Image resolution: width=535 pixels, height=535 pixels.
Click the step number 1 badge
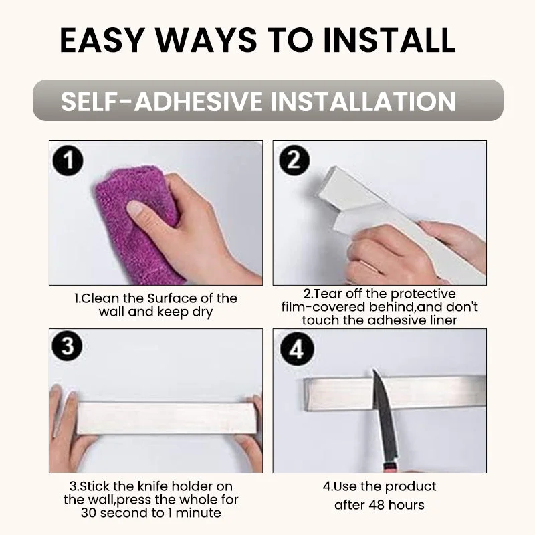pos(68,160)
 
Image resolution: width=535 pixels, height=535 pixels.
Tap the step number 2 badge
pos(294,160)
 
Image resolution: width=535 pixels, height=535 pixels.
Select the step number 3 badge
pos(68,346)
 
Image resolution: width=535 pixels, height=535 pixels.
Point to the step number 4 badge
pos(296,349)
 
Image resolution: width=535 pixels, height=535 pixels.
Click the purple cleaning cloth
pos(136,222)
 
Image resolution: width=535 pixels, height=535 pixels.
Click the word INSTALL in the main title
pos(389,40)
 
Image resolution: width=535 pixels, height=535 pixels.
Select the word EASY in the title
pos(102,40)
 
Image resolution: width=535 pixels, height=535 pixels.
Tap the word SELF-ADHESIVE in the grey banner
pos(161,102)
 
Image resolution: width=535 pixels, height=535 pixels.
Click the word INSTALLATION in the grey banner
pos(363,102)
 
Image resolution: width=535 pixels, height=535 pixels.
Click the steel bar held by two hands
pos(167,418)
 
